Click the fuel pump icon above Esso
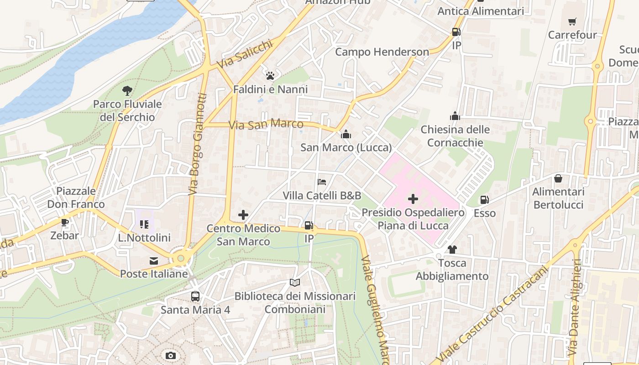point(484,199)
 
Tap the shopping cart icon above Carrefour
point(572,21)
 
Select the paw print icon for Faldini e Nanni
point(270,75)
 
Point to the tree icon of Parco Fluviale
point(127,91)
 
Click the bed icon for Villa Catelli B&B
point(322,182)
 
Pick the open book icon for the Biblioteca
point(295,283)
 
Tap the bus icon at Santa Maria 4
point(195,296)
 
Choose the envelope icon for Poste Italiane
point(154,261)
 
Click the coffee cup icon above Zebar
point(65,222)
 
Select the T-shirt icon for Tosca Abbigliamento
point(452,249)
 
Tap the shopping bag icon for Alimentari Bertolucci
point(558,178)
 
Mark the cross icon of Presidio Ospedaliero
point(413,199)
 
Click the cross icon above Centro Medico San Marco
point(243,214)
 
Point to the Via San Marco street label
point(266,124)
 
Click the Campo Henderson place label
point(382,52)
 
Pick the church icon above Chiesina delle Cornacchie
point(455,116)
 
